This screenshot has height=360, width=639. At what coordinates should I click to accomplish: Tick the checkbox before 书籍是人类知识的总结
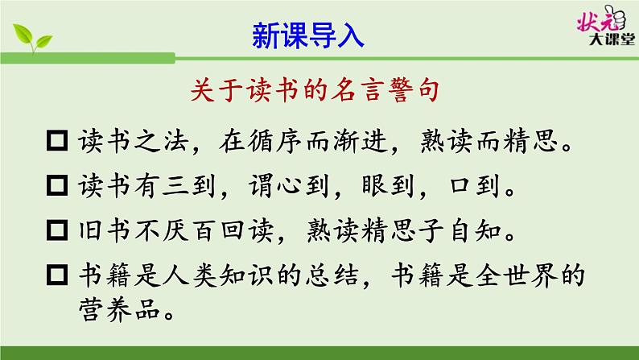[x=57, y=277]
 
